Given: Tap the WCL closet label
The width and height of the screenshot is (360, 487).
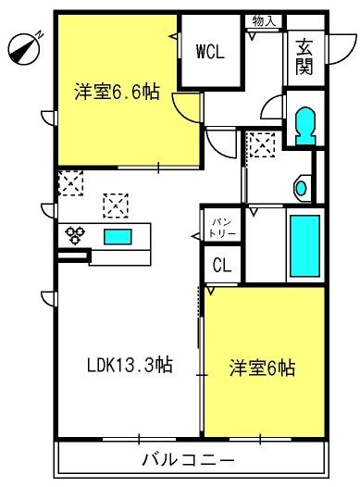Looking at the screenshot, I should pos(209,53).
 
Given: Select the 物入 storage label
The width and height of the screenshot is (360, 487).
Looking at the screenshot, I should pos(264,19).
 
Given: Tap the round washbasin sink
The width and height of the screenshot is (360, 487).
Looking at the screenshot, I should pos(301,187).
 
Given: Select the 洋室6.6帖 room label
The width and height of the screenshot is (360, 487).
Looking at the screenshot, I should pos(116,92).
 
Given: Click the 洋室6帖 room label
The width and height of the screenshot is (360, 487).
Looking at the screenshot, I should pos(263,368).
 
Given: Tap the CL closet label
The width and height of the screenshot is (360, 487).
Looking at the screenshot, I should pos(222,265).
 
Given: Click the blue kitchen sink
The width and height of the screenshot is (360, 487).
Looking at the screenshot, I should pos(118,237).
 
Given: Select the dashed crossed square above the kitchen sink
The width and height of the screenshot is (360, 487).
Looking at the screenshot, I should pos(115,203).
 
